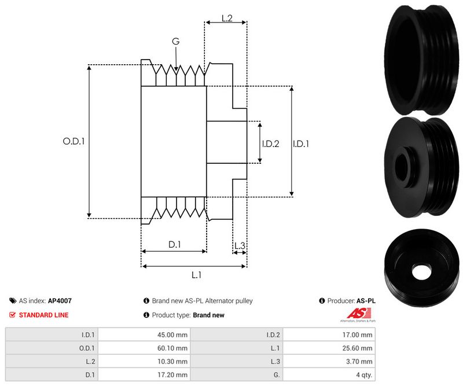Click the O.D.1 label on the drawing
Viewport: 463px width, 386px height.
pos(74,141)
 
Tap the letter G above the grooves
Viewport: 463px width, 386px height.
pos(175,41)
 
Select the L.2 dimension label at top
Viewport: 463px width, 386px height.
pos(226,19)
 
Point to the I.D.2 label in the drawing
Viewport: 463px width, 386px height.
pos(270,144)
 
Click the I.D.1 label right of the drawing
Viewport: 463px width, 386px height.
pos(301,144)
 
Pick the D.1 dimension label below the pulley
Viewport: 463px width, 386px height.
pos(174,245)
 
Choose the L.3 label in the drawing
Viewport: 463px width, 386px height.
pos(240,246)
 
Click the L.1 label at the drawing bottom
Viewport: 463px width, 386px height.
pos(196,275)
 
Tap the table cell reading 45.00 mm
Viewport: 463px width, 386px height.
pos(173,334)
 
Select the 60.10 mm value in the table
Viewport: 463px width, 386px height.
pos(173,348)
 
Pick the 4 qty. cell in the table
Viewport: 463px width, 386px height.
pos(365,374)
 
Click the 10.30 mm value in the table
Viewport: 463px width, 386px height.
pos(173,361)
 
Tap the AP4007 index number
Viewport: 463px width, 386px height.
pos(60,301)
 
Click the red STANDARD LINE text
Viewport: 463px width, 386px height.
pos(43,315)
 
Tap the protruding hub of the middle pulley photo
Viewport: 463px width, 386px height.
pos(403,164)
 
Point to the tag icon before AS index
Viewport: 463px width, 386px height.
pos(13,301)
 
